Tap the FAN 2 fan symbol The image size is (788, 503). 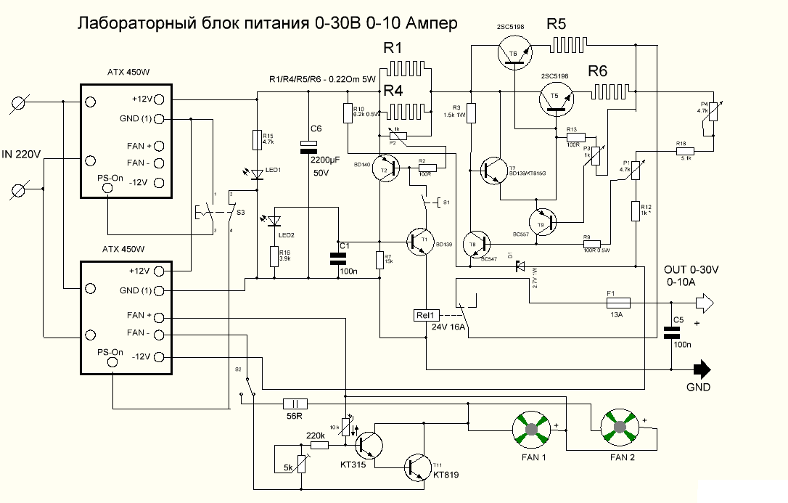(618, 430)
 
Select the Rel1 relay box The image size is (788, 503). (424, 315)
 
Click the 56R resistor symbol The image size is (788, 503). (295, 404)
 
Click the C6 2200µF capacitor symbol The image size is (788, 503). (311, 149)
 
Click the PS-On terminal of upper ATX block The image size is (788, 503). (107, 188)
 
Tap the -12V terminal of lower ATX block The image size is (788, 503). (158, 357)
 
